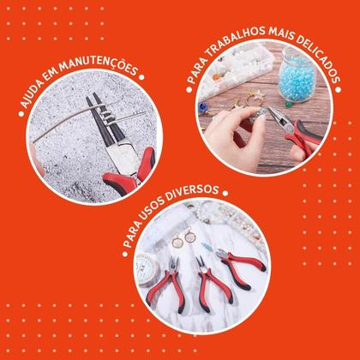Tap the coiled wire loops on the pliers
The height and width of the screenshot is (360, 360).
[x=105, y=113]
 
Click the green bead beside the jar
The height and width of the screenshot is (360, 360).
[x=289, y=105]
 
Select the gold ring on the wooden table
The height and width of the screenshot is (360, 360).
[x=253, y=99]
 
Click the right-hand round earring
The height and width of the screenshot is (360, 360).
[x=190, y=237]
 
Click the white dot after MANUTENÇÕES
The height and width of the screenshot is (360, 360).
[x=141, y=77]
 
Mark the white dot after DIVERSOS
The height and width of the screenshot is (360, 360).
[x=225, y=194]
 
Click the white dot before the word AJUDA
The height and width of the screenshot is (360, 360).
[x=21, y=114]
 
